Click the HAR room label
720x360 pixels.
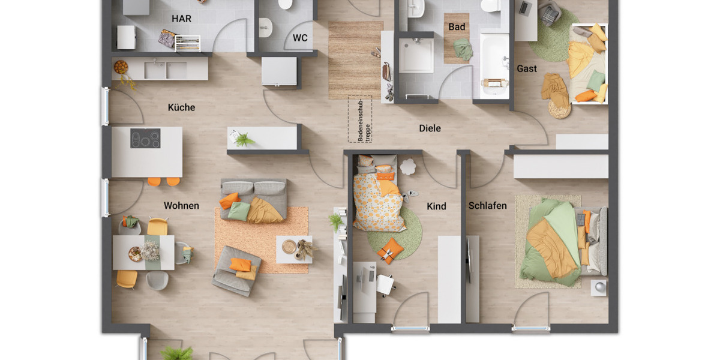(181, 19)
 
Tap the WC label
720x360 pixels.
(300, 38)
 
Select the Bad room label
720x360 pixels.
(457, 27)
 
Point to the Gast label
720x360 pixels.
(527, 68)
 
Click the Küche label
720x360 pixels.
(181, 107)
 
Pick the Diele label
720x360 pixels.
(430, 128)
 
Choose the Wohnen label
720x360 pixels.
(181, 206)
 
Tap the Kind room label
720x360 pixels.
(436, 206)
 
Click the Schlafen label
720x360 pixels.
(487, 206)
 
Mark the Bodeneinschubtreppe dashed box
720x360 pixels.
(360, 119)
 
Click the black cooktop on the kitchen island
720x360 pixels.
(145, 139)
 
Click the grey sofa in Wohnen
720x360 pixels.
(254, 200)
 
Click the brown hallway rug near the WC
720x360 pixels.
(355, 59)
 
